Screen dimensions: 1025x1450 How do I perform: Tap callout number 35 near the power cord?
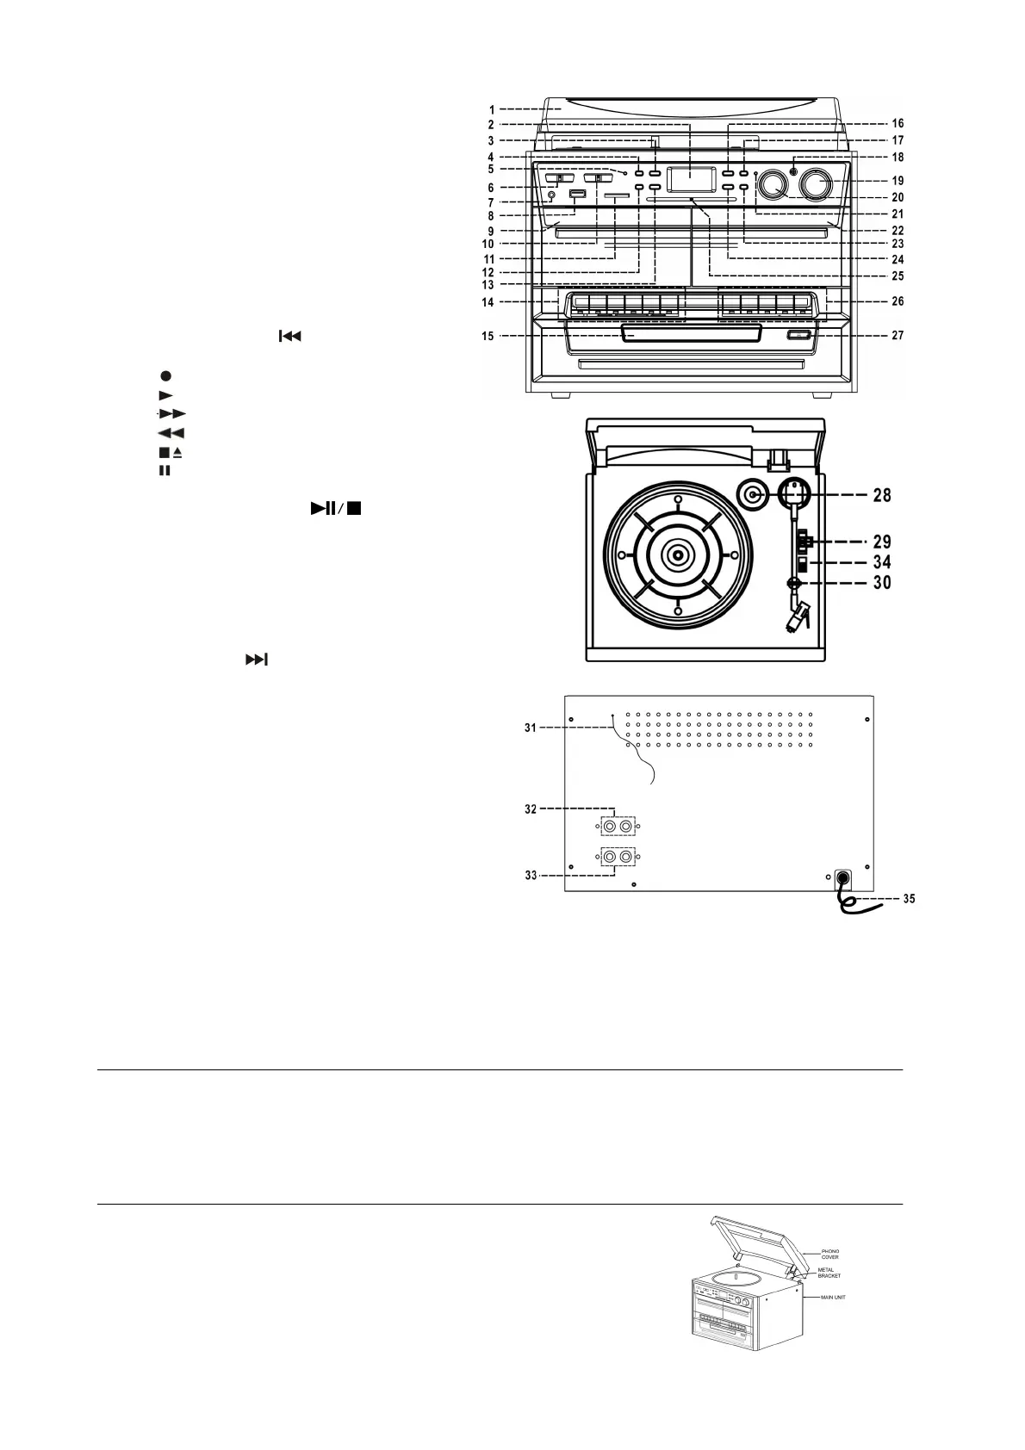(908, 899)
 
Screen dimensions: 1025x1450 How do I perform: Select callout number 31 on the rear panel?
(531, 728)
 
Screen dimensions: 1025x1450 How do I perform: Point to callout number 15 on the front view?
(488, 336)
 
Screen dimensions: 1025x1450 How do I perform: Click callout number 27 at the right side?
(898, 336)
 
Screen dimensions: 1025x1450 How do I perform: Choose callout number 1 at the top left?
(491, 109)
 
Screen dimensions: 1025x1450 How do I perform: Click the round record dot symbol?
(165, 375)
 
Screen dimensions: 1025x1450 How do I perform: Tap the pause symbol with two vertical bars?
(165, 471)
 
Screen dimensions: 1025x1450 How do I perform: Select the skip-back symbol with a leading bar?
(289, 336)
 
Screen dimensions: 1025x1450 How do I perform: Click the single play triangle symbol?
(165, 395)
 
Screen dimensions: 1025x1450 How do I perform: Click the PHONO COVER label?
(829, 1254)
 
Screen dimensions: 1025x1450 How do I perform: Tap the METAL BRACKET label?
(829, 1273)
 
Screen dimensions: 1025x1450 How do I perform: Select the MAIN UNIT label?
(833, 1297)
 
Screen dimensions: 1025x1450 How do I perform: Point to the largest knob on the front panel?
(816, 183)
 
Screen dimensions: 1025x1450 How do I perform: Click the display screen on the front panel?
(692, 179)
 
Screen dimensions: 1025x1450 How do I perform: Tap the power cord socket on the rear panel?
(842, 877)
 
